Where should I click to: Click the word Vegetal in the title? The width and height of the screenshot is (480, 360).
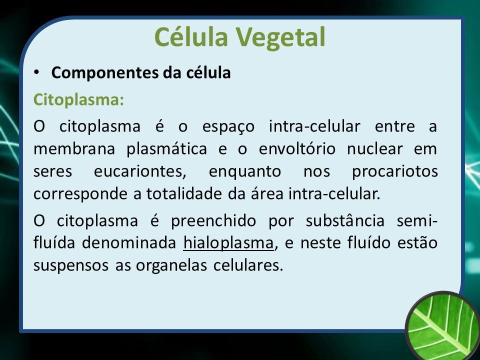tap(280, 37)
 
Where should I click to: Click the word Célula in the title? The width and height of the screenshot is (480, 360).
tap(191, 36)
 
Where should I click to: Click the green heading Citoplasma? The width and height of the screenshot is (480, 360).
tap(78, 100)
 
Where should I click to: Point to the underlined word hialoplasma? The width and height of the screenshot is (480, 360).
tap(228, 243)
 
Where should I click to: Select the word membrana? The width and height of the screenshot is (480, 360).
tap(74, 149)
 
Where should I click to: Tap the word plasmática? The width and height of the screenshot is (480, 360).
tap(167, 149)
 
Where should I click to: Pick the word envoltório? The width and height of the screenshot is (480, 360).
tap(297, 149)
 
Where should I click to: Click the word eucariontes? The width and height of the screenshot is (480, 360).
tap(140, 171)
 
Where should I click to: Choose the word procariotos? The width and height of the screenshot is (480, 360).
tap(395, 172)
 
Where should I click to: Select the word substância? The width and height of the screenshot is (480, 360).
tap(345, 220)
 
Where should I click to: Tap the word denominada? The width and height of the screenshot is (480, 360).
tap(129, 243)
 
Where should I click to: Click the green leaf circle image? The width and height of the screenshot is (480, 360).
tap(442, 325)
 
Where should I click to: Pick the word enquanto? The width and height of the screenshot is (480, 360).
tap(244, 172)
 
